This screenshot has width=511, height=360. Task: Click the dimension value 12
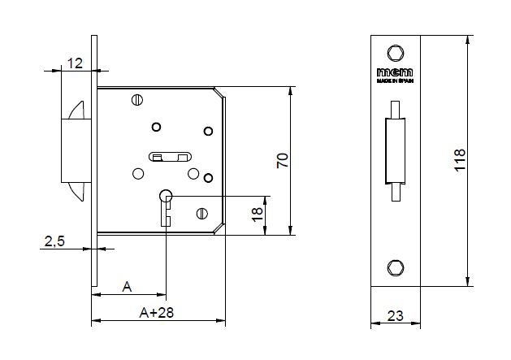75,63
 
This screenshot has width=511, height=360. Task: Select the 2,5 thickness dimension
54,241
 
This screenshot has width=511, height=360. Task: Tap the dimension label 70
283,160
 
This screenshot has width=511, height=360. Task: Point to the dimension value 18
258,215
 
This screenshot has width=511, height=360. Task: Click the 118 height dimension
460,160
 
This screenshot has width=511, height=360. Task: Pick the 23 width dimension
396,315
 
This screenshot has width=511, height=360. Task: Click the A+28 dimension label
157,313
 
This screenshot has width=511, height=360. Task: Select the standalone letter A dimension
127,287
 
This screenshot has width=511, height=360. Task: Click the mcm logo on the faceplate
395,72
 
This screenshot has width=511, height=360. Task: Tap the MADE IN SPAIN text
395,81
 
